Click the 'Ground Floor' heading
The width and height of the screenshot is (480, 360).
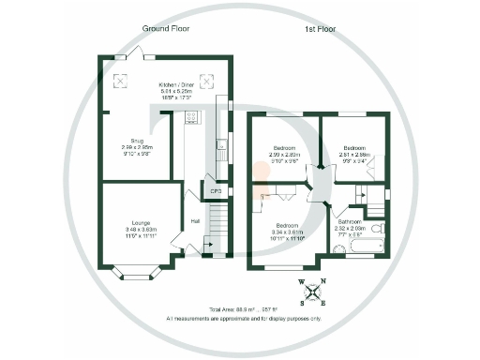[x=166, y=30]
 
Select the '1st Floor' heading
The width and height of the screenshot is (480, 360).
[x=320, y=30]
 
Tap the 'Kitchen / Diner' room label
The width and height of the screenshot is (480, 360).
[x=170, y=83]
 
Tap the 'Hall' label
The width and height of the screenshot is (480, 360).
[x=195, y=221]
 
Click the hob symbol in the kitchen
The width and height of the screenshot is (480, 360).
[x=192, y=117]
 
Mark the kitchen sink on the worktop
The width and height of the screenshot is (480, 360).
[x=219, y=144]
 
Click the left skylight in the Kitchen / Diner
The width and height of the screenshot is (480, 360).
[x=121, y=81]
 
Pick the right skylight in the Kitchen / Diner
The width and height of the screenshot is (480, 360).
[x=208, y=81]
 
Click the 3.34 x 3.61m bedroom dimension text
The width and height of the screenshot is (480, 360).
[x=288, y=233]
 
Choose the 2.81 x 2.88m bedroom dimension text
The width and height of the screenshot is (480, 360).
[x=354, y=156]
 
